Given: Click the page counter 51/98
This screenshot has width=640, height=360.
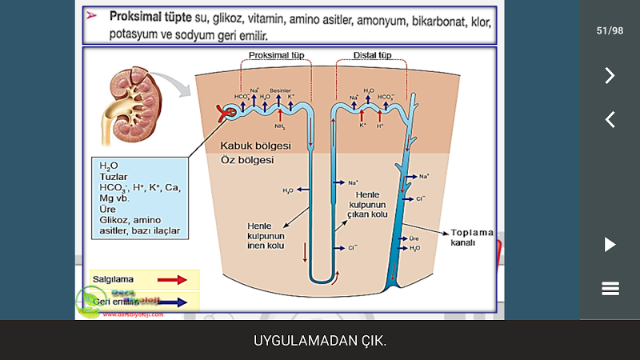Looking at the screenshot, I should click(610, 30).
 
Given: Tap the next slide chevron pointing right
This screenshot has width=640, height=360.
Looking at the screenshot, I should click(610, 75).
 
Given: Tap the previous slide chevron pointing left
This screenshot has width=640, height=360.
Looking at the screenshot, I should click(610, 120).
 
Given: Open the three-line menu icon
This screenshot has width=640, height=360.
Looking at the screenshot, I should click(610, 289).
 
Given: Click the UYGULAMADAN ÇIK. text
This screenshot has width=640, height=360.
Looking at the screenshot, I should click(320, 341).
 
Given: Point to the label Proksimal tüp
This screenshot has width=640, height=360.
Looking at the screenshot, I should click(276, 55).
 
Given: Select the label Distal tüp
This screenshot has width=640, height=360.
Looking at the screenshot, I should click(373, 55).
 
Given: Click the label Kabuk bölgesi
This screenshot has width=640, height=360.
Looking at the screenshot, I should click(255, 146).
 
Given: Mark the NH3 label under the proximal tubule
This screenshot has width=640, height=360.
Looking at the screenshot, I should click(280, 126).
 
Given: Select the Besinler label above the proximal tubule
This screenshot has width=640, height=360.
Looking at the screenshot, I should click(280, 91).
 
